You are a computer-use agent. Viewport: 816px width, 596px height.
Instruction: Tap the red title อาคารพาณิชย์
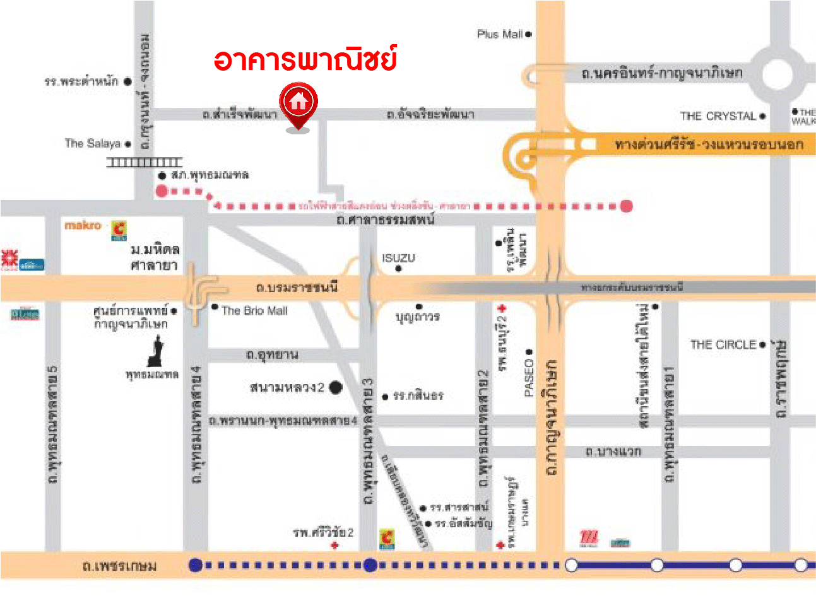(305, 59)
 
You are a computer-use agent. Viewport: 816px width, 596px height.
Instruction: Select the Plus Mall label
(499, 35)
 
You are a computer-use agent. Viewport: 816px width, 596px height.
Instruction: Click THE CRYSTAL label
(718, 116)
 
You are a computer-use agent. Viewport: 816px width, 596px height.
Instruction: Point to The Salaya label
(92, 144)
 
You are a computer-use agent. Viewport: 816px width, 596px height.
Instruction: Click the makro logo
(83, 225)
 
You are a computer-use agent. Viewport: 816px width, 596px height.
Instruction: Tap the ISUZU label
(398, 258)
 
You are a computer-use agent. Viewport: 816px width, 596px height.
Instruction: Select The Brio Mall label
(254, 311)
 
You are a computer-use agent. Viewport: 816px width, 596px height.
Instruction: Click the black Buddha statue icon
(155, 351)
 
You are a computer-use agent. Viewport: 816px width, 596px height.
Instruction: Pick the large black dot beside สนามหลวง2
(336, 387)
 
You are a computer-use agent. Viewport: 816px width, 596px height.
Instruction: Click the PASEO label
(529, 378)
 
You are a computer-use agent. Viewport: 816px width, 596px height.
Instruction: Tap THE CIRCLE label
(723, 345)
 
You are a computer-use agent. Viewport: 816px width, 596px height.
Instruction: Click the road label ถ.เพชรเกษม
(120, 566)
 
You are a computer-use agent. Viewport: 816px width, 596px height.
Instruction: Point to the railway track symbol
(144, 163)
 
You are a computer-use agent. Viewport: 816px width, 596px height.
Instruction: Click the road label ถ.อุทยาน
(272, 355)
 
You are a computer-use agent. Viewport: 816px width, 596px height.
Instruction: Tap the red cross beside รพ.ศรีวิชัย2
(334, 545)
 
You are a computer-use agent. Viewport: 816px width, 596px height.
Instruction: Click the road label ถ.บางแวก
(613, 452)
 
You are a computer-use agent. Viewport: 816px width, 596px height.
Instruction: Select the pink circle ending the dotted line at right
(625, 206)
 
